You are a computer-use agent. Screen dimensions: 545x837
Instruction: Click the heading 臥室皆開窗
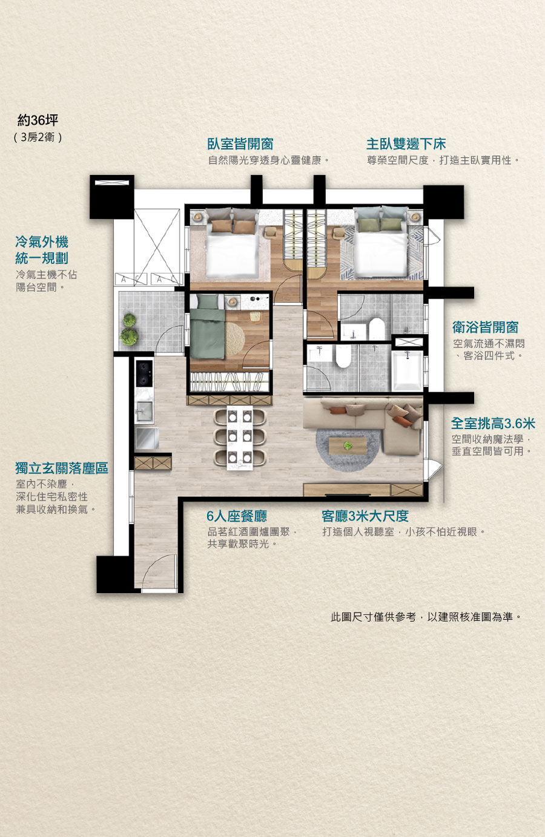(240, 144)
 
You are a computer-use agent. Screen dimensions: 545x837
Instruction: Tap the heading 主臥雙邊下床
(406, 144)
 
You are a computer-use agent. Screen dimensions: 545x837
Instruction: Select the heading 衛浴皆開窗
(485, 327)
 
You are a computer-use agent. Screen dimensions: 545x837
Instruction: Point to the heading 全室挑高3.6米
(493, 424)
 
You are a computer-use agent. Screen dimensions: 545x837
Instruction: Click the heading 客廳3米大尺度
(365, 516)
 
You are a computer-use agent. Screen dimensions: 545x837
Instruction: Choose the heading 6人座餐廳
(237, 516)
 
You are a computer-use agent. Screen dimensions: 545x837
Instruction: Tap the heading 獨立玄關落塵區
(62, 468)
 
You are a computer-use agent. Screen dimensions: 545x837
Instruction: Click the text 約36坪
(38, 120)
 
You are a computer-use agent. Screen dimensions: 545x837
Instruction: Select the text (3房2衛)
(38, 137)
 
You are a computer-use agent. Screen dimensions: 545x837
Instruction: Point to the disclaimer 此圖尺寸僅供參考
(373, 617)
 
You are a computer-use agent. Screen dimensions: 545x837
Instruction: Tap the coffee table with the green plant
(348, 446)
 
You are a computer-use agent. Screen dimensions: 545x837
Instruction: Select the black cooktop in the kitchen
(144, 373)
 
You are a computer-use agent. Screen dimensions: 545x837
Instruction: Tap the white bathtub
(407, 370)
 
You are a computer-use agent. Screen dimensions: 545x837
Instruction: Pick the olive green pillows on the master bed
(380, 224)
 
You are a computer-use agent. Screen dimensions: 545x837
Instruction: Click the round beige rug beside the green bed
(235, 340)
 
